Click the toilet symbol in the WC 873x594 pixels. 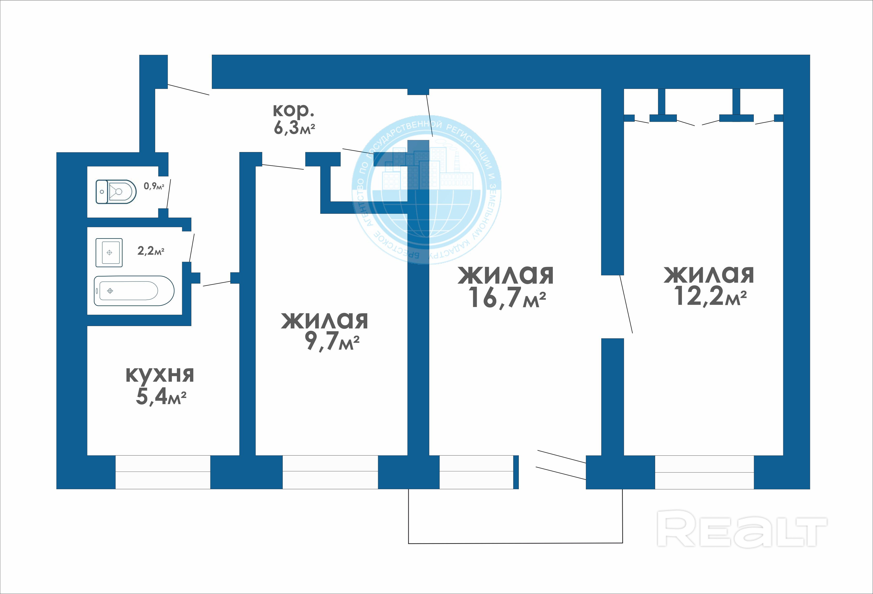click(116, 192)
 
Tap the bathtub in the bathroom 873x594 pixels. click(134, 291)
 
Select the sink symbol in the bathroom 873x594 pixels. click(109, 253)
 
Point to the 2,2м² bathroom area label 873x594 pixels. click(151, 251)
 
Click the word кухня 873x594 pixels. click(160, 374)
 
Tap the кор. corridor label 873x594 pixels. click(293, 110)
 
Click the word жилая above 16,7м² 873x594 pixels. click(506, 275)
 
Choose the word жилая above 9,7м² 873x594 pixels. click(325, 320)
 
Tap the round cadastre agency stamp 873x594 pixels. click(426, 189)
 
